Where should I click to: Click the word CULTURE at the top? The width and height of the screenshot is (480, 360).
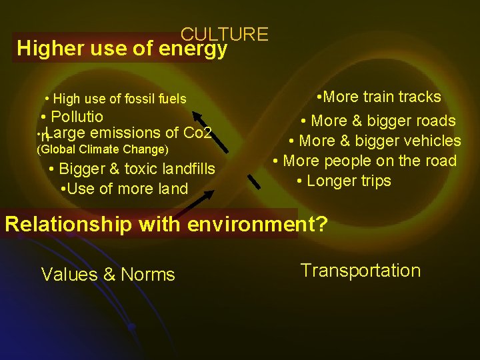pyautogui.click(x=224, y=34)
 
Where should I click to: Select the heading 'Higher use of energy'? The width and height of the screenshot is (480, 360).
pyautogui.click(x=122, y=49)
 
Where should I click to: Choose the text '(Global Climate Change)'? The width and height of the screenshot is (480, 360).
pyautogui.click(x=101, y=149)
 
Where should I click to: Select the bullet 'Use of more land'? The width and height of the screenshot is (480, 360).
pyautogui.click(x=124, y=189)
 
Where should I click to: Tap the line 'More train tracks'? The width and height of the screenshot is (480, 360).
pyautogui.click(x=379, y=97)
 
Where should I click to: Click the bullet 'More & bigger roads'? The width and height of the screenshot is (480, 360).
pyautogui.click(x=378, y=121)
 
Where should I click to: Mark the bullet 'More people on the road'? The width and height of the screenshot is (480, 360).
pyautogui.click(x=369, y=161)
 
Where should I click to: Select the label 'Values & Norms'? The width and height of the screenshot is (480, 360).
pyautogui.click(x=108, y=274)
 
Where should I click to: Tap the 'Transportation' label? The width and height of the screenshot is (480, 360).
pyautogui.click(x=360, y=270)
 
